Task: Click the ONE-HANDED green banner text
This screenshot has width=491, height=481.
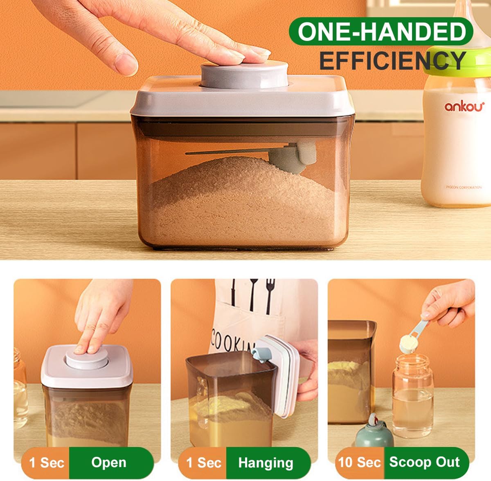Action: coord(381,32)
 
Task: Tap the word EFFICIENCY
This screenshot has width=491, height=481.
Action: coord(392,61)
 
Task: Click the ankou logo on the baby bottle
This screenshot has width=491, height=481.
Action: coord(464,106)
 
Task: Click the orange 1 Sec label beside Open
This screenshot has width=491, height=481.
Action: coord(47,463)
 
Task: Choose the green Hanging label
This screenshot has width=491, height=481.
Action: coord(266,463)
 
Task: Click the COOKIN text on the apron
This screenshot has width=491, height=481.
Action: coord(231,341)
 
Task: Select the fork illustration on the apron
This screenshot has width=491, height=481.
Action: coord(269,295)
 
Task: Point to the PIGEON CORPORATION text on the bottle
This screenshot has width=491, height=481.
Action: coord(463,187)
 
